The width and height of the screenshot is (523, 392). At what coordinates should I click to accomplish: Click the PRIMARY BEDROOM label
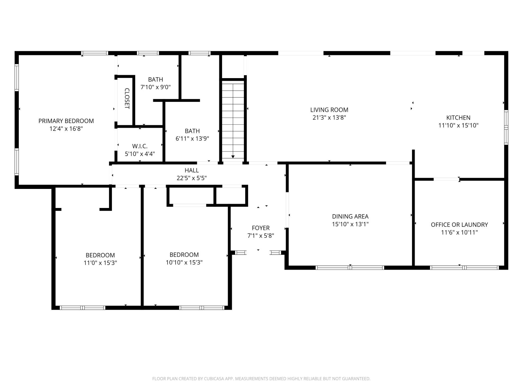[66, 121]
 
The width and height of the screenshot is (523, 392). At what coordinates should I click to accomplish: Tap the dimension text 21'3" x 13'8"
[329, 118]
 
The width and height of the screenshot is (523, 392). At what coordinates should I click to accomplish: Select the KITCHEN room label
[458, 118]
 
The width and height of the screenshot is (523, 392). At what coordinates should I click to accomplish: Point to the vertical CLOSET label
[127, 98]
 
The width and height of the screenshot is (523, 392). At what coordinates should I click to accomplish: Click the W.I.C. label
[140, 146]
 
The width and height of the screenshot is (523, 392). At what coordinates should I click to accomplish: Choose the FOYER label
[261, 228]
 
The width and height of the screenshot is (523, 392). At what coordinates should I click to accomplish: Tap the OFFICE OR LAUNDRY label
[459, 225]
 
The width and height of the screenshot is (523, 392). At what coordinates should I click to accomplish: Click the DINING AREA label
[350, 216]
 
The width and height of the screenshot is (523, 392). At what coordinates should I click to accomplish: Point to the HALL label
[191, 170]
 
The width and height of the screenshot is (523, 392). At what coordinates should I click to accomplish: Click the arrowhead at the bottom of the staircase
[233, 157]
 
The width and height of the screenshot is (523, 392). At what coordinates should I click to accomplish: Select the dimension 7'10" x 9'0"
[156, 87]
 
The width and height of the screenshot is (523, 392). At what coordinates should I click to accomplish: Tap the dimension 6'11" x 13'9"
[192, 139]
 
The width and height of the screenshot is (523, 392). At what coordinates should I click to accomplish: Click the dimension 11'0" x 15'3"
[100, 263]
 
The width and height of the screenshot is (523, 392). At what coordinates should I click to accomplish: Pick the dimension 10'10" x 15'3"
[184, 262]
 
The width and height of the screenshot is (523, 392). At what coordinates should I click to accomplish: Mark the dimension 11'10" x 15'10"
[458, 125]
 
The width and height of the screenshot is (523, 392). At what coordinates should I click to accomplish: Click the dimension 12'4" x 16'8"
[66, 129]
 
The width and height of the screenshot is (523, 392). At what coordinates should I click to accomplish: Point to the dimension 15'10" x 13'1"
[350, 224]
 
